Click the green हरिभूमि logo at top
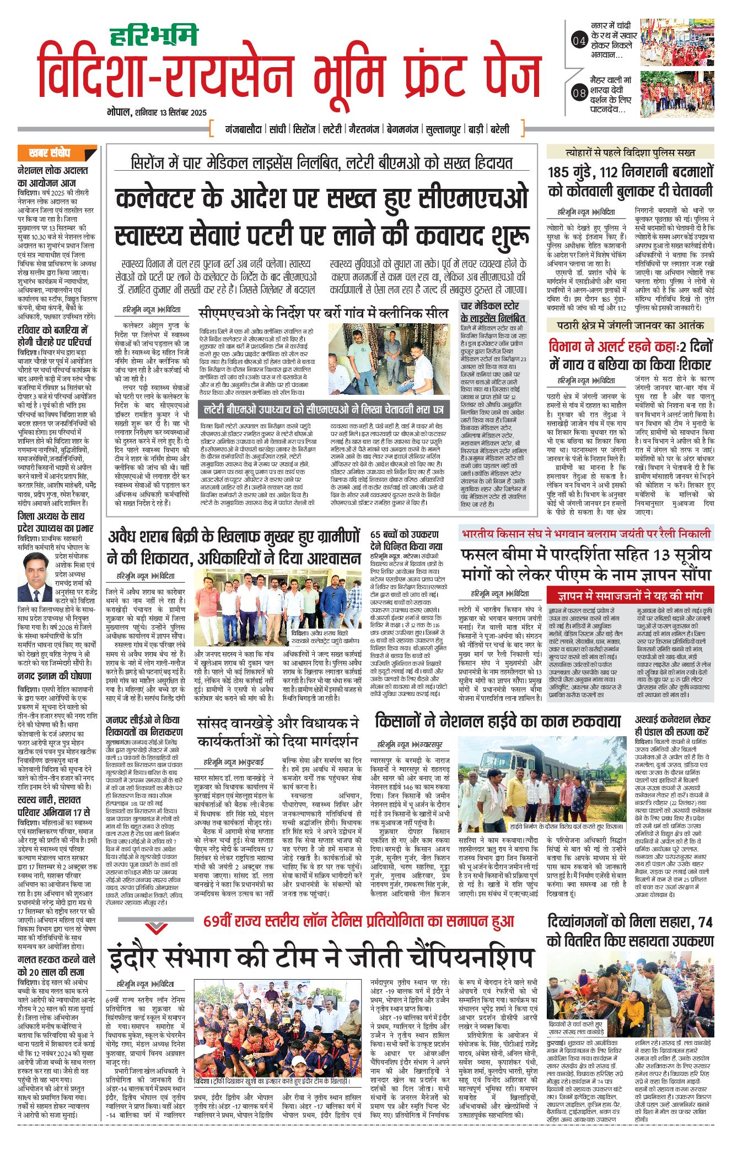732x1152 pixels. pyautogui.click(x=154, y=36)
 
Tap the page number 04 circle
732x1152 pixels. pyautogui.click(x=579, y=40)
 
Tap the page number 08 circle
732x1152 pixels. pyautogui.click(x=579, y=93)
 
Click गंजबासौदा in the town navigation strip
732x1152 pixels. pyautogui.click(x=243, y=129)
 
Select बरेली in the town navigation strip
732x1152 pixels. pyautogui.click(x=499, y=129)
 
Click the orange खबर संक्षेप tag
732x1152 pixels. pyautogui.click(x=53, y=153)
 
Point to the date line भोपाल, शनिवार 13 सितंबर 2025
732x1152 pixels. pyautogui.click(x=157, y=112)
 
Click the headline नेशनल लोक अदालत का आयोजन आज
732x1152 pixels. pyautogui.click(x=53, y=176)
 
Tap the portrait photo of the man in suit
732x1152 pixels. pyautogui.click(x=37, y=570)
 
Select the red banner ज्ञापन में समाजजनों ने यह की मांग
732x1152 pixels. pyautogui.click(x=629, y=595)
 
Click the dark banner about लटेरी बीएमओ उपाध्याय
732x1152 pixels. pyautogui.click(x=324, y=410)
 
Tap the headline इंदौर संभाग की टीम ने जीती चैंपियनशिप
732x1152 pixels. pyautogui.click(x=321, y=957)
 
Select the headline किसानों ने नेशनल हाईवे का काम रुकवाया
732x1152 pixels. pyautogui.click(x=498, y=721)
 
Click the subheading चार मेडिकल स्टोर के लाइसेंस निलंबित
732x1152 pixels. pyautogui.click(x=493, y=312)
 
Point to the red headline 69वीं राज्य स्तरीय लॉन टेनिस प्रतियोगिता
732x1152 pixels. pyautogui.click(x=358, y=921)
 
